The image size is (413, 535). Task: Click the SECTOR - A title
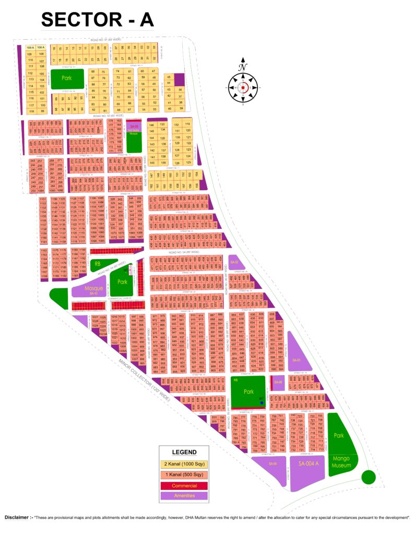(98, 19)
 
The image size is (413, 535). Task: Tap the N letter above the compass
(242, 67)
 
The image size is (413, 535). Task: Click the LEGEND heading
(185, 452)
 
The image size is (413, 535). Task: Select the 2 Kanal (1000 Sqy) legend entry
(185, 464)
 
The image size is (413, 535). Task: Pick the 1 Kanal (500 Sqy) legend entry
(185, 475)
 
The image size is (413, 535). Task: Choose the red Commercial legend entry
(185, 485)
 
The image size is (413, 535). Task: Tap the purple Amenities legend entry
(185, 496)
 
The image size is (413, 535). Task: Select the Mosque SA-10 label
(94, 290)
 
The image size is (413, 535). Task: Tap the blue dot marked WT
(262, 403)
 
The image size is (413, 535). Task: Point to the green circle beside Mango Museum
(369, 476)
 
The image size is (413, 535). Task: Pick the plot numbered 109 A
(30, 48)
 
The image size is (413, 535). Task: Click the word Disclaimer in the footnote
(18, 517)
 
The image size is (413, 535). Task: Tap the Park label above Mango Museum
(339, 435)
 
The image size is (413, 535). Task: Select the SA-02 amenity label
(234, 262)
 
